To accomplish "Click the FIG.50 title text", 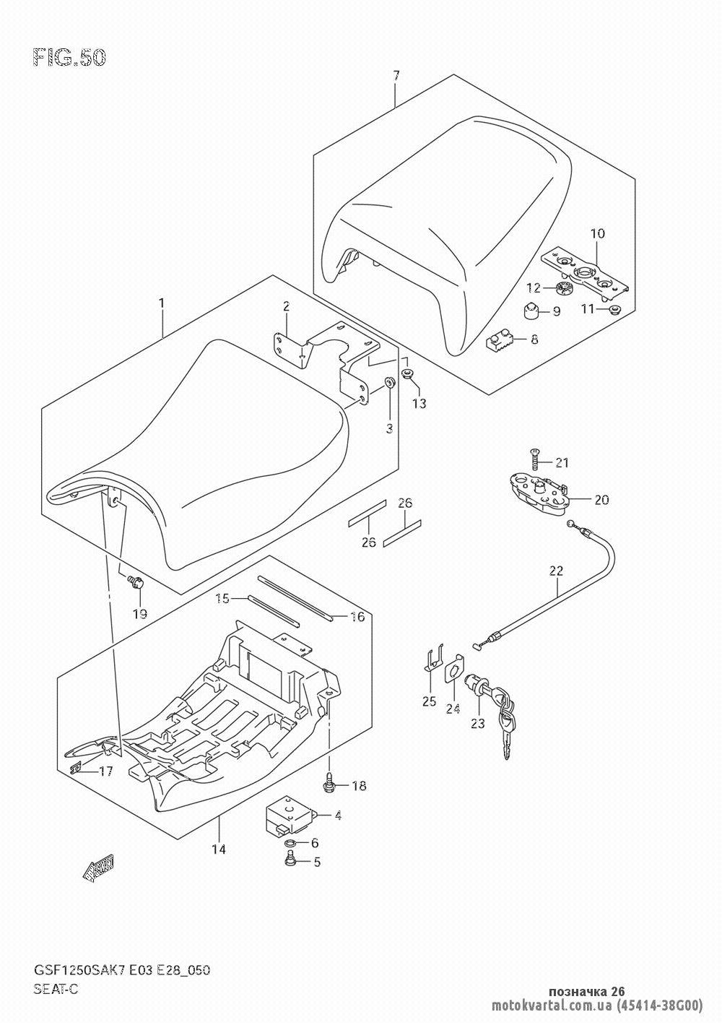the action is [69, 58].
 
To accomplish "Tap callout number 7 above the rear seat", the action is [396, 75].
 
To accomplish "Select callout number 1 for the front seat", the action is [162, 303].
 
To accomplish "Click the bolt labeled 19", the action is [136, 581].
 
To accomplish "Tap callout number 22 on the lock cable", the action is [557, 571].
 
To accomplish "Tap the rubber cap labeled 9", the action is [531, 312].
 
